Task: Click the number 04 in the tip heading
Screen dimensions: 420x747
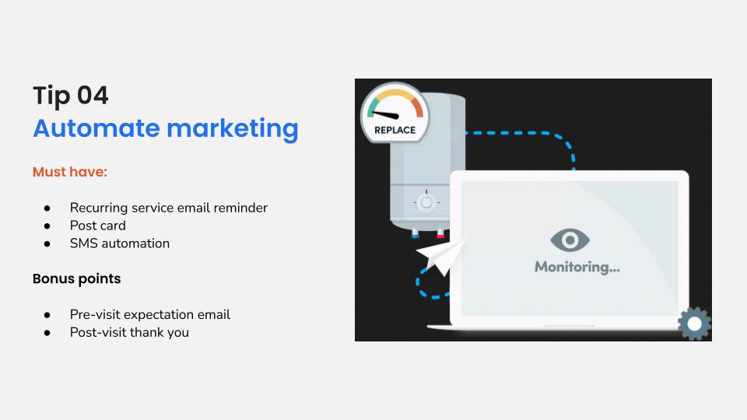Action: [x=92, y=96]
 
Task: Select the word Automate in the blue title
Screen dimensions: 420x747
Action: [x=95, y=128]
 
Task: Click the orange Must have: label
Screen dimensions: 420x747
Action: [x=70, y=171]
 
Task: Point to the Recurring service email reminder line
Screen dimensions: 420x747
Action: [x=168, y=208]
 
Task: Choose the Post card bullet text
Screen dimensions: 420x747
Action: [x=97, y=226]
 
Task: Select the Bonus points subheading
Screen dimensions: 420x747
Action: [x=76, y=278]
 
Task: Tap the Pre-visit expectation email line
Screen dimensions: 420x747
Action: [x=150, y=314]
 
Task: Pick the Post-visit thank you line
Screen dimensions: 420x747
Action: [x=129, y=332]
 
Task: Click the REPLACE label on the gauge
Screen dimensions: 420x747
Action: [x=395, y=130]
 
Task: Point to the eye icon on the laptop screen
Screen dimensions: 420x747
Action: [x=570, y=240]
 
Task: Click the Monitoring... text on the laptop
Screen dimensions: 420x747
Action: [x=577, y=267]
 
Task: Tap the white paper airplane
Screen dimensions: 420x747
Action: [x=441, y=256]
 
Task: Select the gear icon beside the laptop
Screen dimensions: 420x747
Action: [x=694, y=324]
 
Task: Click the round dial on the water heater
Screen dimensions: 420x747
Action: [x=426, y=202]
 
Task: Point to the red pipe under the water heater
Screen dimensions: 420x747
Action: [x=440, y=233]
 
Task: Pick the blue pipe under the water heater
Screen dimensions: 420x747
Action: [x=415, y=233]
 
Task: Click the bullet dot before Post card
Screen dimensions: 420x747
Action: [x=47, y=226]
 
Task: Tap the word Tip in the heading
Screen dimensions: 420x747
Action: [x=51, y=96]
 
